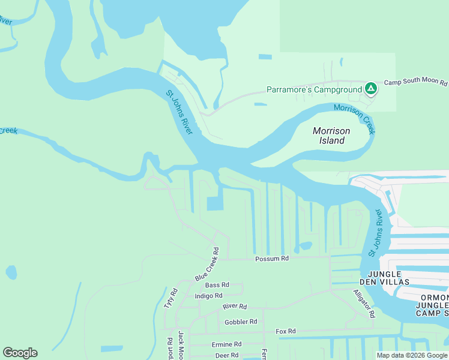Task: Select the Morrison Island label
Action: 331,136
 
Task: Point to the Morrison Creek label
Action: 354,117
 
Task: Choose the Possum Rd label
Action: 272,259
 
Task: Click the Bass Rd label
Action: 217,285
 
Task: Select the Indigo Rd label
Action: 209,296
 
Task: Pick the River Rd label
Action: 235,306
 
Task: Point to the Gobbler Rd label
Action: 241,322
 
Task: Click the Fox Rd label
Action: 286,331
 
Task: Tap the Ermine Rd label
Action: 226,344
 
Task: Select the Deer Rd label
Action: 226,355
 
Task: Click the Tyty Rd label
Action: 170,298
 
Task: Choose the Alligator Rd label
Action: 364,303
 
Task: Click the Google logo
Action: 20,353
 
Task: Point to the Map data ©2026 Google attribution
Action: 412,355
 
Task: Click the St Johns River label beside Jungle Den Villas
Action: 375,233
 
